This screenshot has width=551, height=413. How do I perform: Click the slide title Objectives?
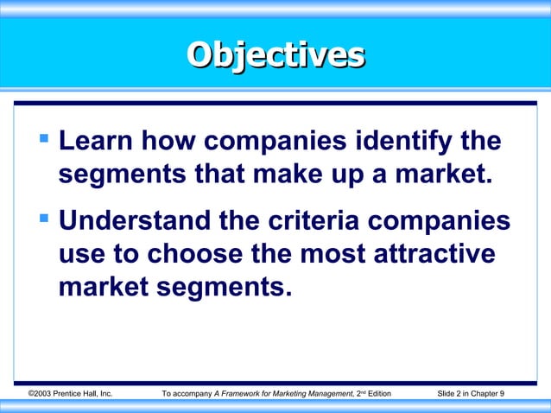[x=275, y=54]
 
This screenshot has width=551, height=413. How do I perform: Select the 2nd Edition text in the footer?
[x=374, y=394]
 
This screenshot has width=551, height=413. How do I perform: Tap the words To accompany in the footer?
[x=187, y=394]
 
